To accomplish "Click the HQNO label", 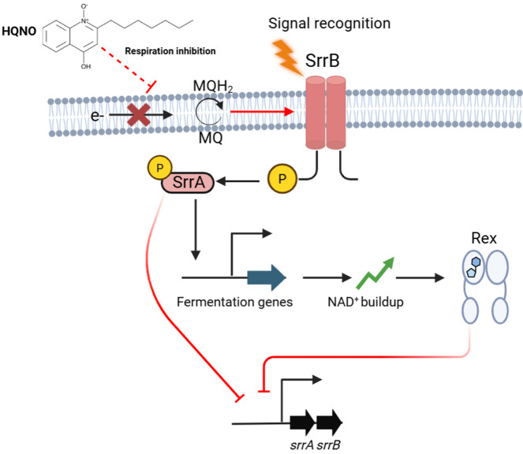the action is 19,32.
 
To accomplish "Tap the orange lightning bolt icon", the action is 287,58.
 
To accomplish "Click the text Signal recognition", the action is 329,24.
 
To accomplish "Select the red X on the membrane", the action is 139,115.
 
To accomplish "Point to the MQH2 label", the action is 213,87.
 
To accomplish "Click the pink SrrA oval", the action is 188,182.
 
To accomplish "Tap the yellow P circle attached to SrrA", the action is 160,167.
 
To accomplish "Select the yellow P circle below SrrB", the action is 282,179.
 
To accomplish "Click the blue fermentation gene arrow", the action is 267,277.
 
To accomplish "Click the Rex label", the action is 484,238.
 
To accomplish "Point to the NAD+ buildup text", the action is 365,302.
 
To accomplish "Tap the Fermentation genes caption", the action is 235,302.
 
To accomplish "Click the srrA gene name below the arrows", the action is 302,445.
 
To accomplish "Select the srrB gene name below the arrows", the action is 328,445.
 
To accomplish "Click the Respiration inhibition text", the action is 170,51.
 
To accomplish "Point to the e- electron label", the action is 97,116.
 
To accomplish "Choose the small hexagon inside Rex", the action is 476,262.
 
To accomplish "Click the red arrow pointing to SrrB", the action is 262,112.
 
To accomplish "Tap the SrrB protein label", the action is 322,61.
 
